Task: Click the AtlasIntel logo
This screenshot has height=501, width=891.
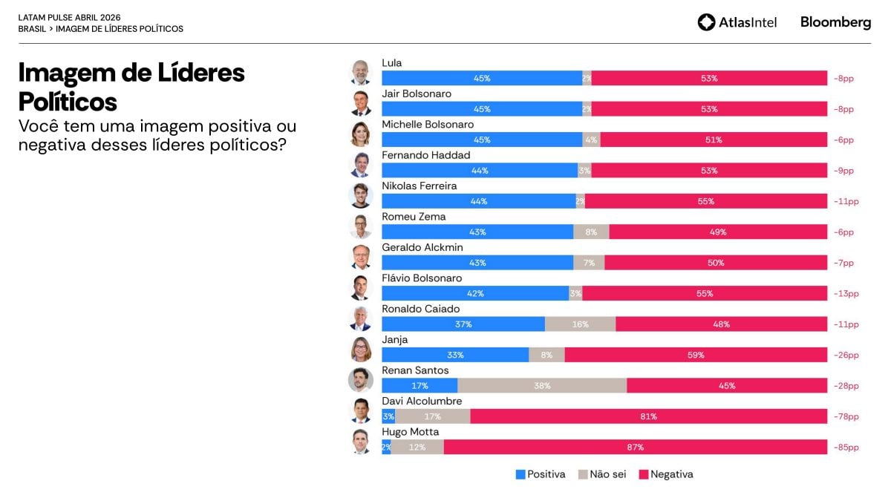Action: click(737, 22)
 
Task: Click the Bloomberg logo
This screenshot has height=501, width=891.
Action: click(835, 22)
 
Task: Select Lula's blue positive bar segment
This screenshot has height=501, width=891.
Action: click(482, 78)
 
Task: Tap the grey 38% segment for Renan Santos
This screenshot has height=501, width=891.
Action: click(542, 386)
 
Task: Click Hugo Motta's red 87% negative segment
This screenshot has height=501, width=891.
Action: click(635, 448)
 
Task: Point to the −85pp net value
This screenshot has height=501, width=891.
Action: click(846, 448)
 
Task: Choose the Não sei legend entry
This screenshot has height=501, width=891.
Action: click(602, 474)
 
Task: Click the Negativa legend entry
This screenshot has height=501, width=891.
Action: click(666, 474)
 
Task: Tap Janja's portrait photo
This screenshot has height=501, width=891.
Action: click(361, 349)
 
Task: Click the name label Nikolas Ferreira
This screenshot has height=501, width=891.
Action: click(419, 186)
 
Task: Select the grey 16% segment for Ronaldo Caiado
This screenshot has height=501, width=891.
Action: click(580, 324)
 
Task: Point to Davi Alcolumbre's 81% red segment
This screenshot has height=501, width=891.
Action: click(648, 416)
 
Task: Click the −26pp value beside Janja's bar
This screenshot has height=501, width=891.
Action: click(846, 356)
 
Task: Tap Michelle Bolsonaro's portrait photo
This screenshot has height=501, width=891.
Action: click(361, 134)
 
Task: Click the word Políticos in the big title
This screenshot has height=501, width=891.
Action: click(68, 101)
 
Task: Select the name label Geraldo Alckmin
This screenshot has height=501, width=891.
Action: click(421, 248)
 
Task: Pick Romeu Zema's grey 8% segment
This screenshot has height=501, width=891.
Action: click(591, 232)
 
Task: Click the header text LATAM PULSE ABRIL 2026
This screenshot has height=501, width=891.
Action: click(69, 17)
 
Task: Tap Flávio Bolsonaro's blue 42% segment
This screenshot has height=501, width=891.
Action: click(475, 294)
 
